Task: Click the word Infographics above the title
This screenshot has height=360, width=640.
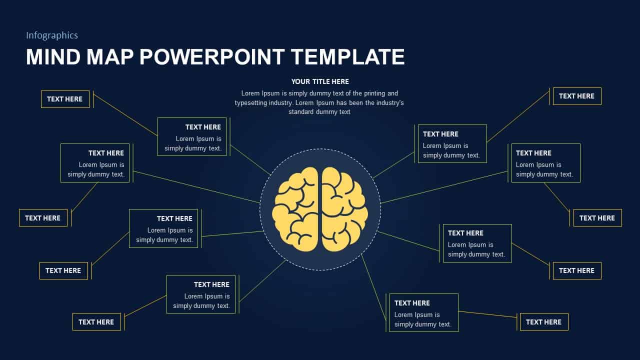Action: point(52,35)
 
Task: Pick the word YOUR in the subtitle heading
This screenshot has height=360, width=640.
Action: point(301,81)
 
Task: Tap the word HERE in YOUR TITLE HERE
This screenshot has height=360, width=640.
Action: point(340,81)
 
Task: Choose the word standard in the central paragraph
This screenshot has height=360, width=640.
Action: point(301,112)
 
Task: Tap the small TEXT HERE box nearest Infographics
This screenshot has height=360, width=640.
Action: point(65,99)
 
